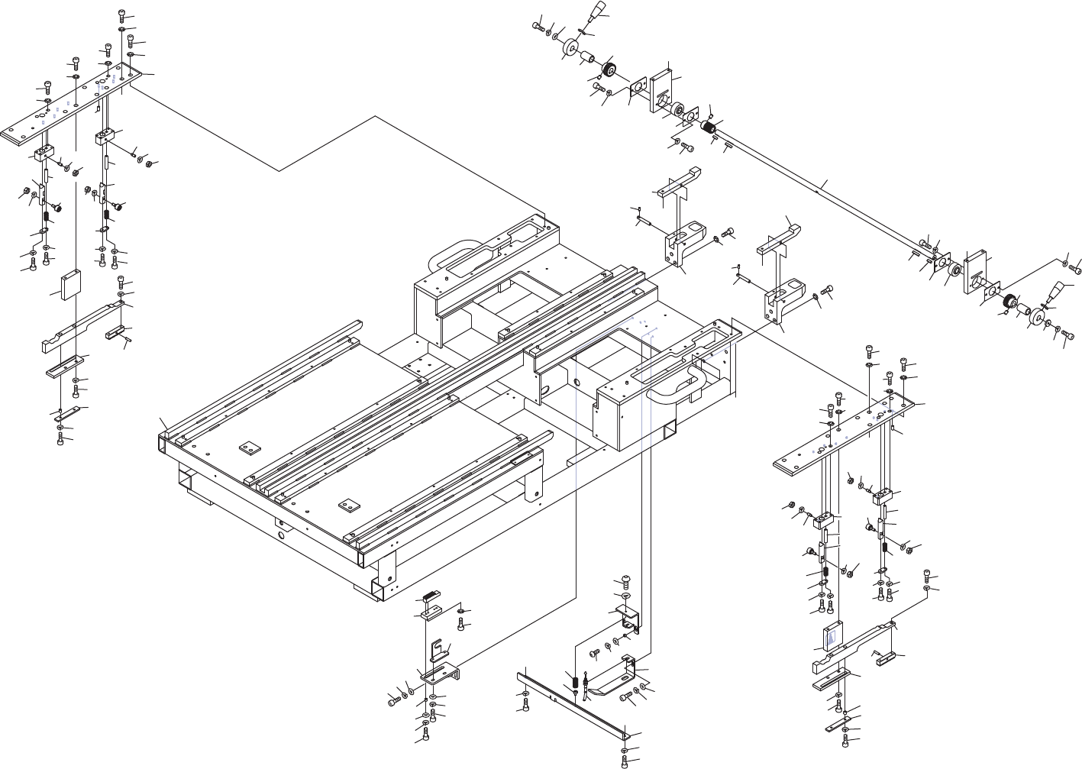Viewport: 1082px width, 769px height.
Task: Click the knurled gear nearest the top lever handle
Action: [x=609, y=71]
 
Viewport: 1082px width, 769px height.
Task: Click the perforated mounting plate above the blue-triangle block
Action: [x=845, y=435]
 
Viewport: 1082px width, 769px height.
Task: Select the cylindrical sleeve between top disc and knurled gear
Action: [x=589, y=60]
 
